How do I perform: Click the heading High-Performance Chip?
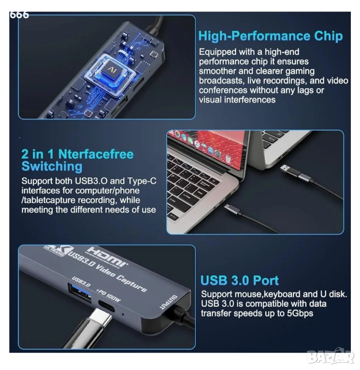[x=270, y=36]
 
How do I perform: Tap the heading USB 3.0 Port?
[x=240, y=280]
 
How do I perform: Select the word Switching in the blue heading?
[x=52, y=166]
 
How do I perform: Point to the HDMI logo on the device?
[x=107, y=257]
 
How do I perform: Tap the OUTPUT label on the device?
[x=168, y=302]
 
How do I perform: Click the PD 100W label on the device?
[x=108, y=295]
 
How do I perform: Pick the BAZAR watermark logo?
[x=332, y=357]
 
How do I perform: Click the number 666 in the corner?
[x=19, y=15]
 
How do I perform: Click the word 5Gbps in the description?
[x=300, y=313]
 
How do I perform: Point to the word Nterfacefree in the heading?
[x=96, y=154]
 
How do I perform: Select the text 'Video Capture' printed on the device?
[x=120, y=278]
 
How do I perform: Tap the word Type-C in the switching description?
[x=142, y=181]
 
